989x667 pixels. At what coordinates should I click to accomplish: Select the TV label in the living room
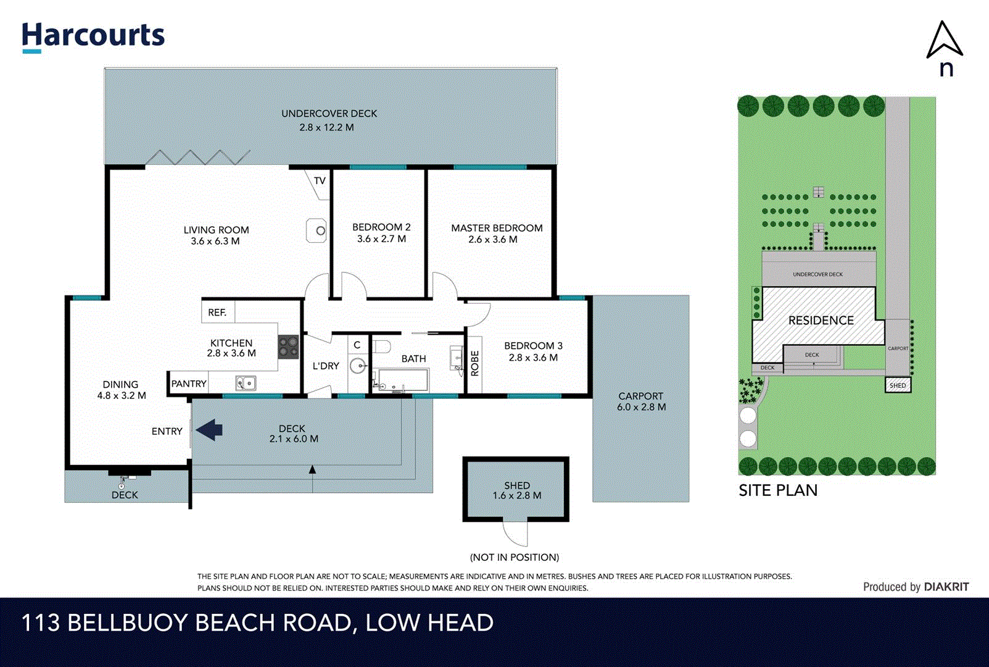320,181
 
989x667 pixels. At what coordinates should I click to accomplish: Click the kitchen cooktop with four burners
288,346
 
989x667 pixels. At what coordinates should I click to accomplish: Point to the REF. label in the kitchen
217,313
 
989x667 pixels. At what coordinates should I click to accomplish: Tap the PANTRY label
189,384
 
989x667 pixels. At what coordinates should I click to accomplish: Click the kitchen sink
246,384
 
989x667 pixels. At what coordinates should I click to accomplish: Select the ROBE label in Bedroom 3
474,363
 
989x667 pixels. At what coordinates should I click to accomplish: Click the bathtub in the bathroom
402,380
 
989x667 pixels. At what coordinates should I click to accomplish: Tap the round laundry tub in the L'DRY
358,366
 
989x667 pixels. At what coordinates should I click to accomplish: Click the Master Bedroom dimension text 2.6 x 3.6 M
492,240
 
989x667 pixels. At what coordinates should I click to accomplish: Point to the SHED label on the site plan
898,385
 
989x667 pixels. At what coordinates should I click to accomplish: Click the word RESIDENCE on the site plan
821,321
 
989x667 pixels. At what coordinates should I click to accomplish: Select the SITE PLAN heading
778,490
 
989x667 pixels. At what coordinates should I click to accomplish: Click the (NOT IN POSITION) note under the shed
515,557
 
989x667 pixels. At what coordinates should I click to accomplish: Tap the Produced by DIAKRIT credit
916,587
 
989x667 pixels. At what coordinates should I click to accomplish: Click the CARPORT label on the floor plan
640,396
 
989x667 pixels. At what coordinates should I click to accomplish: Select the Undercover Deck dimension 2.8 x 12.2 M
326,127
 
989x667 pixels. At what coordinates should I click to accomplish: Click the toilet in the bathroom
381,346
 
